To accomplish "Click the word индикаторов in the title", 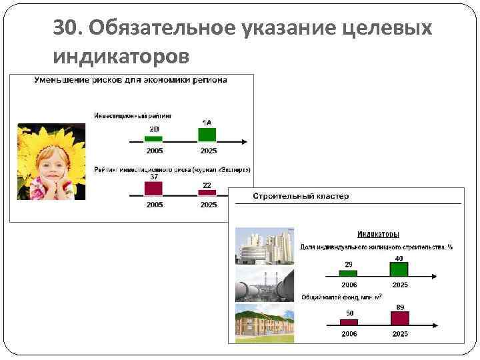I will point(121,57).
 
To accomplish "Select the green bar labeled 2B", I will point(154,138).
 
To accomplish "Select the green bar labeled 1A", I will point(207,134).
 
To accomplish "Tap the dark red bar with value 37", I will point(154,187).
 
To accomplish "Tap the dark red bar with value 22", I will point(207,191).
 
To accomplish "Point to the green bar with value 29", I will point(348,272).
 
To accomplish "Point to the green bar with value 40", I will point(399,269).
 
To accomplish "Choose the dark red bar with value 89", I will point(399,317).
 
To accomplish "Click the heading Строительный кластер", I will point(301,196).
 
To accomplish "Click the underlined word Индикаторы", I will point(378,235).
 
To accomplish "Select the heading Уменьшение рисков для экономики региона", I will point(131,80).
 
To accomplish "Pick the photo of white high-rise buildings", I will point(263,246).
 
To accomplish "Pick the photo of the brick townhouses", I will point(263,322).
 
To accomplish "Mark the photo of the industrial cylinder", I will point(263,285).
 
